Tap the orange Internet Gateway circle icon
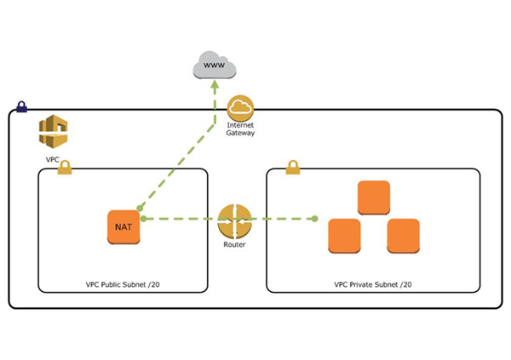pyautogui.click(x=242, y=108)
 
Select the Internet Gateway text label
pyautogui.click(x=241, y=129)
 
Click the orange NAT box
pyautogui.click(x=122, y=226)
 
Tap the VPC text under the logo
pyautogui.click(x=53, y=158)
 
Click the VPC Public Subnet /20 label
pyautogui.click(x=123, y=283)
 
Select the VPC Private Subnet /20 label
pyautogui.click(x=374, y=283)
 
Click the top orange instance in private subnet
pyautogui.click(x=374, y=197)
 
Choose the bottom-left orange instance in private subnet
pyautogui.click(x=344, y=235)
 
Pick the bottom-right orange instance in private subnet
pyautogui.click(x=404, y=235)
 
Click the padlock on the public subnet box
pyautogui.click(x=65, y=169)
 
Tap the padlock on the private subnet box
pyautogui.click(x=293, y=167)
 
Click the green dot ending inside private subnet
pyautogui.click(x=315, y=219)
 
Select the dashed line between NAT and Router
pyautogui.click(x=179, y=219)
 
